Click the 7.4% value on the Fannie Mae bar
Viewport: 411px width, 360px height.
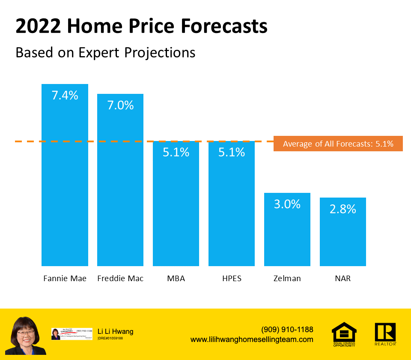click(x=65, y=95)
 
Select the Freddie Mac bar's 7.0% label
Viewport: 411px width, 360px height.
click(x=120, y=105)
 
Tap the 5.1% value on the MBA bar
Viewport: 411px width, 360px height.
click(x=176, y=152)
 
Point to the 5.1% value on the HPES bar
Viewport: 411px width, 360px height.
click(x=232, y=152)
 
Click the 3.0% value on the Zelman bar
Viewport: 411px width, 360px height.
click(x=287, y=204)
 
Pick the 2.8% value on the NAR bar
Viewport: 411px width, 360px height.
click(x=343, y=209)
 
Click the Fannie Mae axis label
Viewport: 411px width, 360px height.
click(x=65, y=279)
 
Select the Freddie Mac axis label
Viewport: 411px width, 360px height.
click(x=120, y=279)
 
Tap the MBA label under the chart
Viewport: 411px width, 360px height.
click(x=176, y=279)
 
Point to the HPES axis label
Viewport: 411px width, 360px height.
click(x=232, y=279)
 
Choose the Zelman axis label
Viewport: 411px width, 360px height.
click(x=287, y=279)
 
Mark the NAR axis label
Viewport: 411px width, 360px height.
click(x=343, y=279)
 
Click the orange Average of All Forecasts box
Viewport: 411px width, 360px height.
click(x=338, y=144)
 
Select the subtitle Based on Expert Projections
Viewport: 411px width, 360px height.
click(x=105, y=52)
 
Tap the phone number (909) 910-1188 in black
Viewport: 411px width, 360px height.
click(x=287, y=330)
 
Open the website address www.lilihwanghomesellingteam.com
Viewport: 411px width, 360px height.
click(x=252, y=339)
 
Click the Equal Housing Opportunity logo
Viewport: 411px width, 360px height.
click(x=344, y=334)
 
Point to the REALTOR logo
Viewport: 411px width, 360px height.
click(x=385, y=334)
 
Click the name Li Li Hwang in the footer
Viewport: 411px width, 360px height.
click(x=116, y=331)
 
